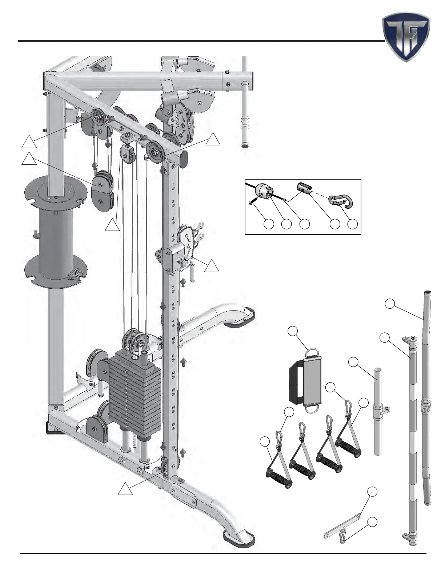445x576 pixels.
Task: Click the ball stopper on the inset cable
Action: [x=264, y=191]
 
